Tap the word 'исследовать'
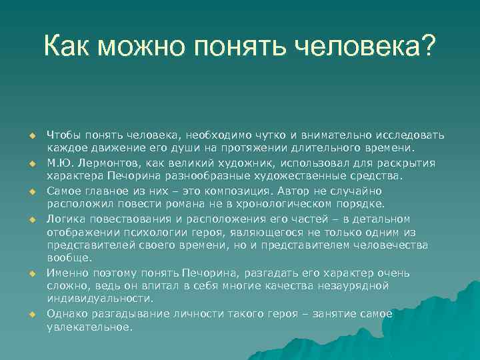(410, 135)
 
